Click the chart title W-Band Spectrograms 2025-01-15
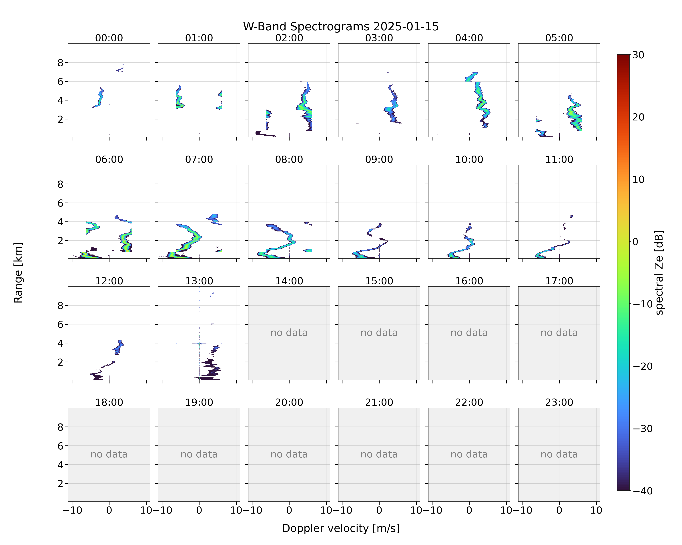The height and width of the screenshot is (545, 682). pyautogui.click(x=341, y=27)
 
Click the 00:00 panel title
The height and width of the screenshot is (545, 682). pyautogui.click(x=109, y=38)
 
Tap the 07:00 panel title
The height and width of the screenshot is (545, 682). pyautogui.click(x=199, y=160)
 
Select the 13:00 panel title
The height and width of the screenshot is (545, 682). pyautogui.click(x=199, y=281)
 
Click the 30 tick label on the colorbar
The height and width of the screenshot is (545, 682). pyautogui.click(x=638, y=55)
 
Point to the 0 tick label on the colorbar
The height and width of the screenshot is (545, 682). pyautogui.click(x=635, y=242)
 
